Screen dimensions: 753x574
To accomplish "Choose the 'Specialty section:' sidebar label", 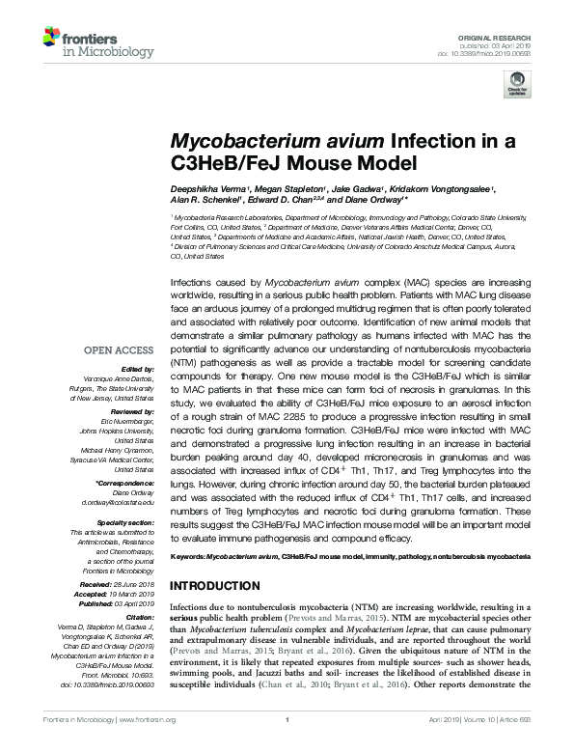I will [126, 522].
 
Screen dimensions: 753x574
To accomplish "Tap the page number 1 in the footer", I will [287, 746].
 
